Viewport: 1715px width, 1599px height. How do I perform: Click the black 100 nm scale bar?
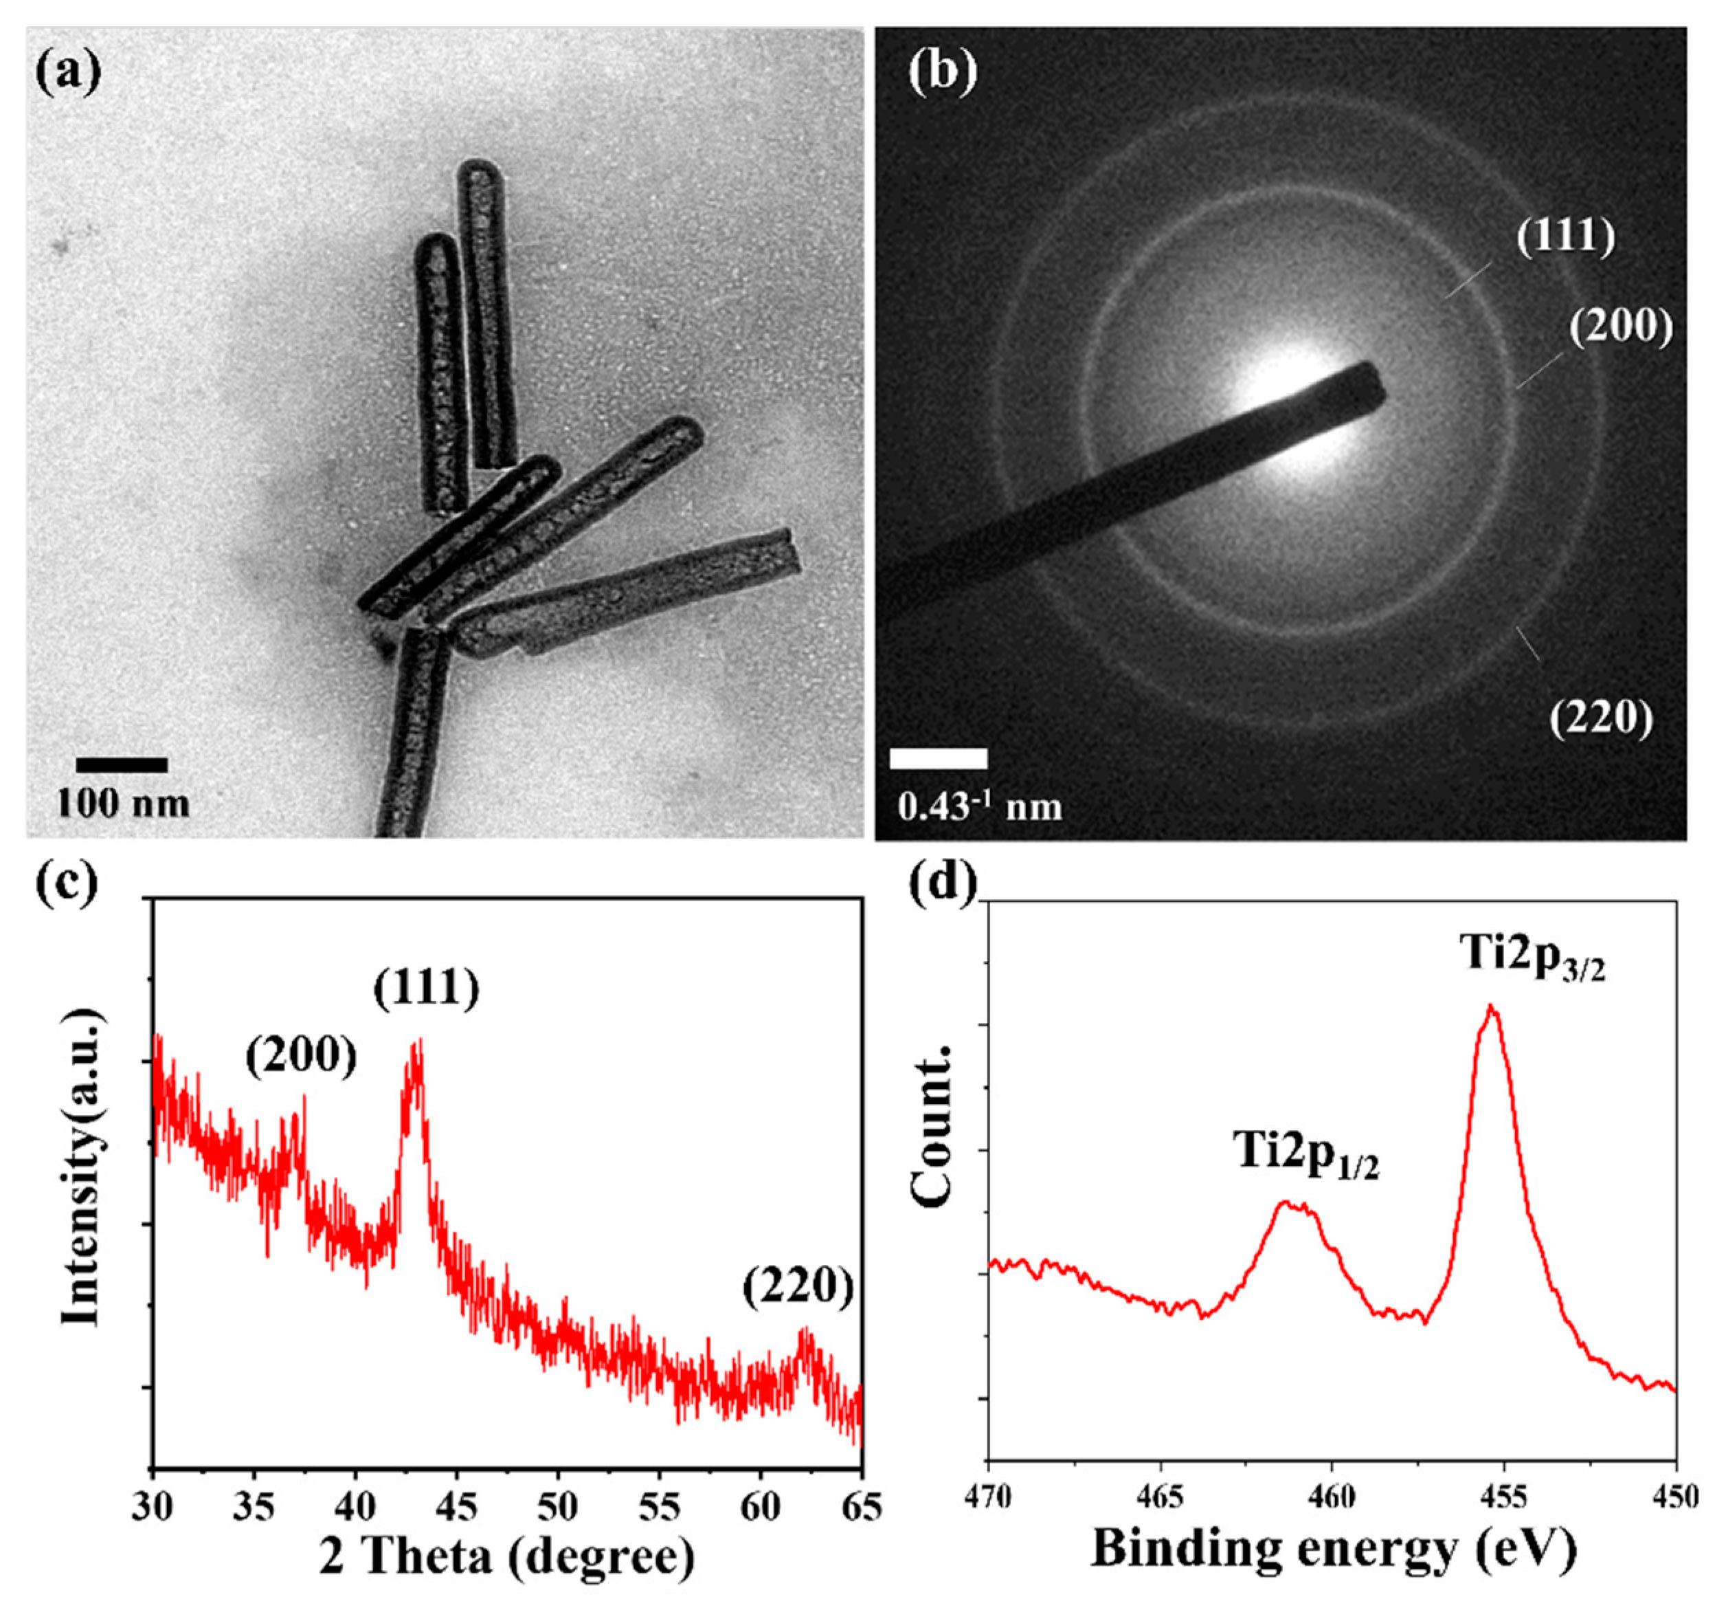pyautogui.click(x=122, y=764)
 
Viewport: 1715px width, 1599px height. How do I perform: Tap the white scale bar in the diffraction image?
pyautogui.click(x=938, y=758)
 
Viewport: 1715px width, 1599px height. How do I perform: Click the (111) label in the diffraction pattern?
pyautogui.click(x=1566, y=237)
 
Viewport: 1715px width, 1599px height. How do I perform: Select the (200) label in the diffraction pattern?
pyautogui.click(x=1620, y=328)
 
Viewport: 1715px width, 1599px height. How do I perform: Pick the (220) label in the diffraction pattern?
pyautogui.click(x=1601, y=718)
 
